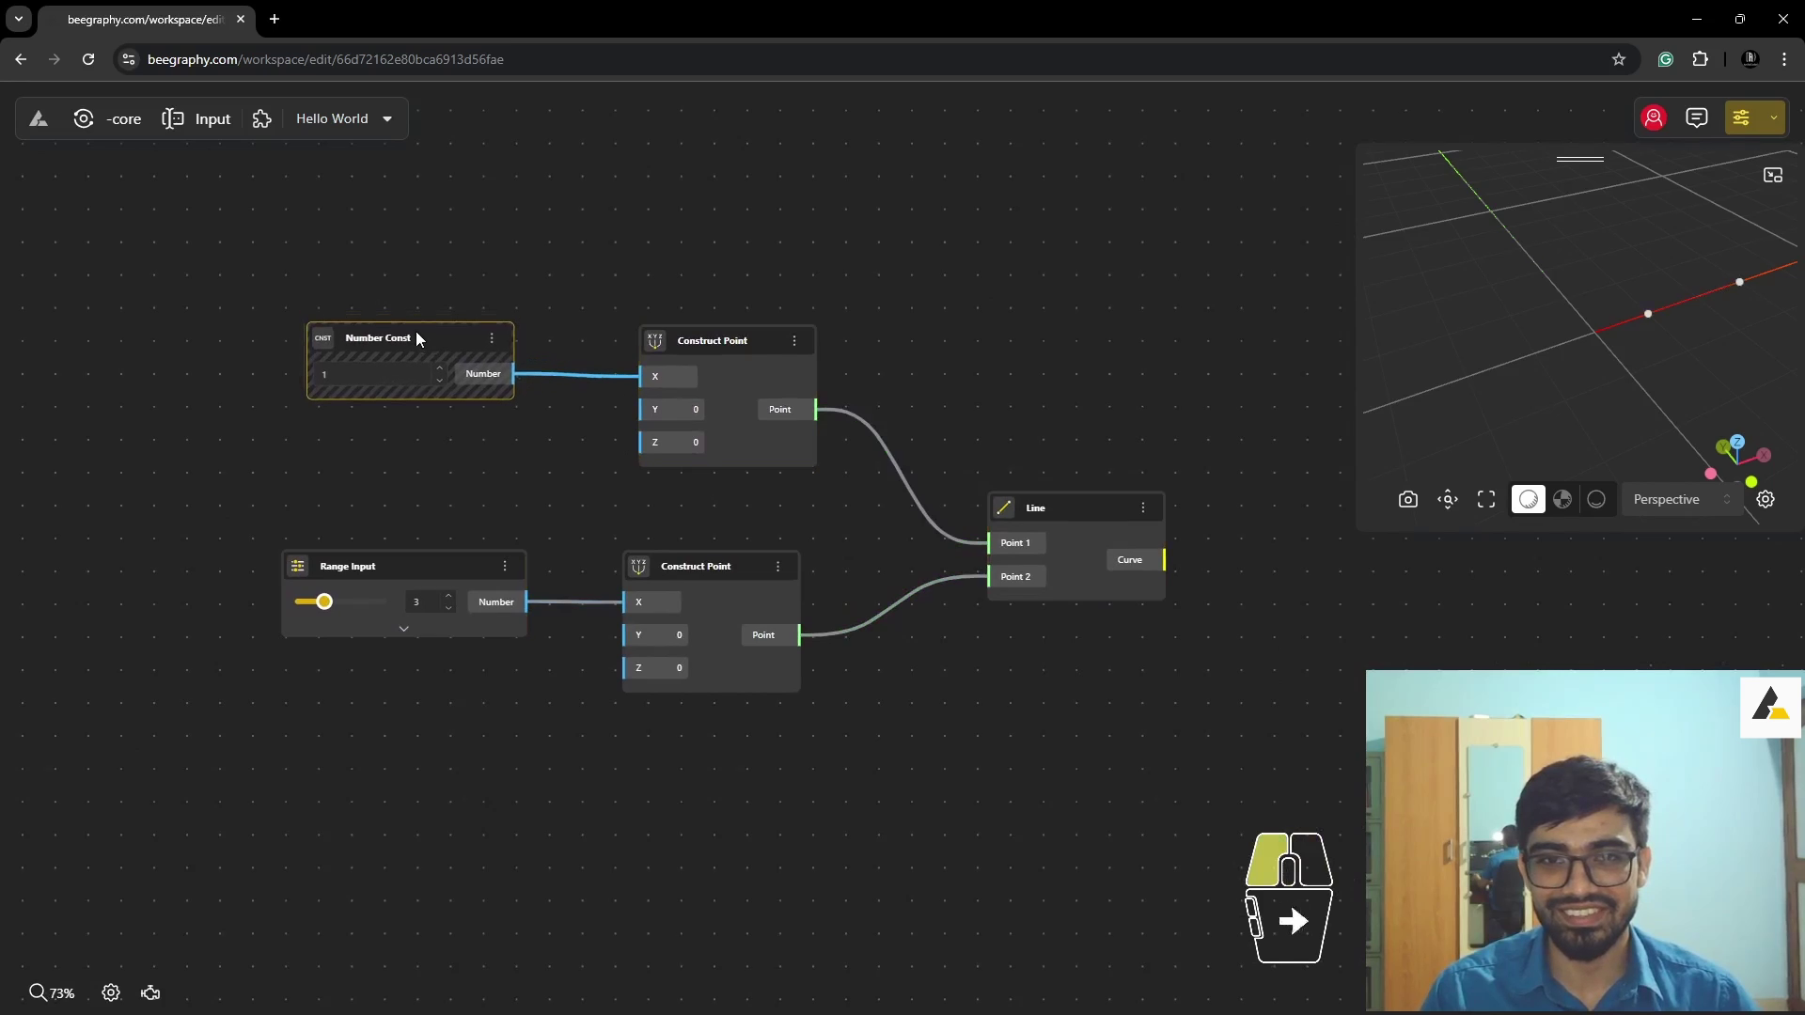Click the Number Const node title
(378, 338)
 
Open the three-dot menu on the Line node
(1143, 508)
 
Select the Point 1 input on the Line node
(1015, 543)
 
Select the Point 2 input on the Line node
(1015, 577)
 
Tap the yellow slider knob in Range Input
(324, 601)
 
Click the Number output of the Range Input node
(496, 602)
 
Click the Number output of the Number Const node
(483, 374)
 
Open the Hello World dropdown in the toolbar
(344, 119)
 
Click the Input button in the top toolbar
(196, 119)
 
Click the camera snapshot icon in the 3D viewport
(1407, 500)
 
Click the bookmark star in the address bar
(1619, 59)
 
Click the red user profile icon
(1654, 118)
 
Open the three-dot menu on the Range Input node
(505, 567)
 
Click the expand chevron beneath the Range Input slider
(404, 629)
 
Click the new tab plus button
(275, 19)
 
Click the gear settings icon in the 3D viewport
(1766, 500)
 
